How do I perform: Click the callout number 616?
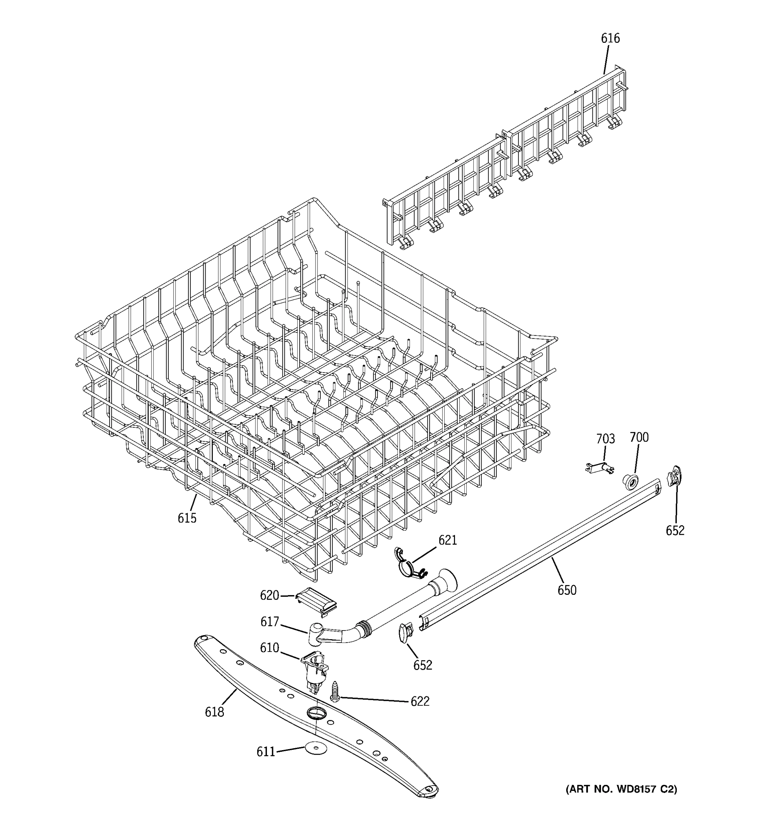pos(610,38)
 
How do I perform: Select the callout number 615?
pos(187,518)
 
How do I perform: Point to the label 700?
pos(639,437)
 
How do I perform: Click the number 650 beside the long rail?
pos(567,590)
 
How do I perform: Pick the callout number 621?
pos(447,540)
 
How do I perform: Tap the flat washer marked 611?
pos(316,747)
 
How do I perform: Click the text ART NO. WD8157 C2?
pos(621,789)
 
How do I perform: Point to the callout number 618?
pos(214,712)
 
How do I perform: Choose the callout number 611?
pos(266,751)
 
